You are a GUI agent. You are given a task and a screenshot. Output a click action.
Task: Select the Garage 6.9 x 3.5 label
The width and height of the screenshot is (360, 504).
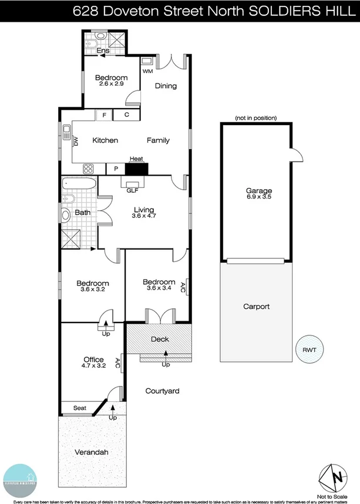[x=259, y=194]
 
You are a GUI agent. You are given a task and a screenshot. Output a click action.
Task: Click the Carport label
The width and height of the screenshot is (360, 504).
[x=256, y=307]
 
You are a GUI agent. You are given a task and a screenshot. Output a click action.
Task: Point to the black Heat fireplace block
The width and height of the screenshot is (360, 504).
[x=137, y=169]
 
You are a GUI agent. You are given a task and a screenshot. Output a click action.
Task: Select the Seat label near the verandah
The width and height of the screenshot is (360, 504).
[x=79, y=408]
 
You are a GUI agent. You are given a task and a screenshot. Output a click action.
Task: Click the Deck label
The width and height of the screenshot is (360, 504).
[x=160, y=339]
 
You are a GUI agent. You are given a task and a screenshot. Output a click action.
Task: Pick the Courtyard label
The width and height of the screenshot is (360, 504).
[x=163, y=391]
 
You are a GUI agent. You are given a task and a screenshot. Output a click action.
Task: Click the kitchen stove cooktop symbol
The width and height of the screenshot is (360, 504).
[x=89, y=169]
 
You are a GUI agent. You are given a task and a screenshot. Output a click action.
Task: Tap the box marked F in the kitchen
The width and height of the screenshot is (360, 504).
[x=104, y=115]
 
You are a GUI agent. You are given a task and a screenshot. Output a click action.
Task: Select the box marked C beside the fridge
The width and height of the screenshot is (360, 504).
[x=126, y=115]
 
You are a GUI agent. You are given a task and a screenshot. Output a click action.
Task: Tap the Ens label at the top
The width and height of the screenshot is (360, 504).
[x=103, y=51]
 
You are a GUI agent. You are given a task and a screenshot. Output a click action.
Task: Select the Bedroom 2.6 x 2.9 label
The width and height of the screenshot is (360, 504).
[x=111, y=81]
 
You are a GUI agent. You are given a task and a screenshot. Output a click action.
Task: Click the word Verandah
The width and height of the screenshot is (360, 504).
[x=91, y=452]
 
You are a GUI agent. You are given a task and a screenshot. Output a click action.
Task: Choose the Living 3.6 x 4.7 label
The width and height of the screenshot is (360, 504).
[x=143, y=213]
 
